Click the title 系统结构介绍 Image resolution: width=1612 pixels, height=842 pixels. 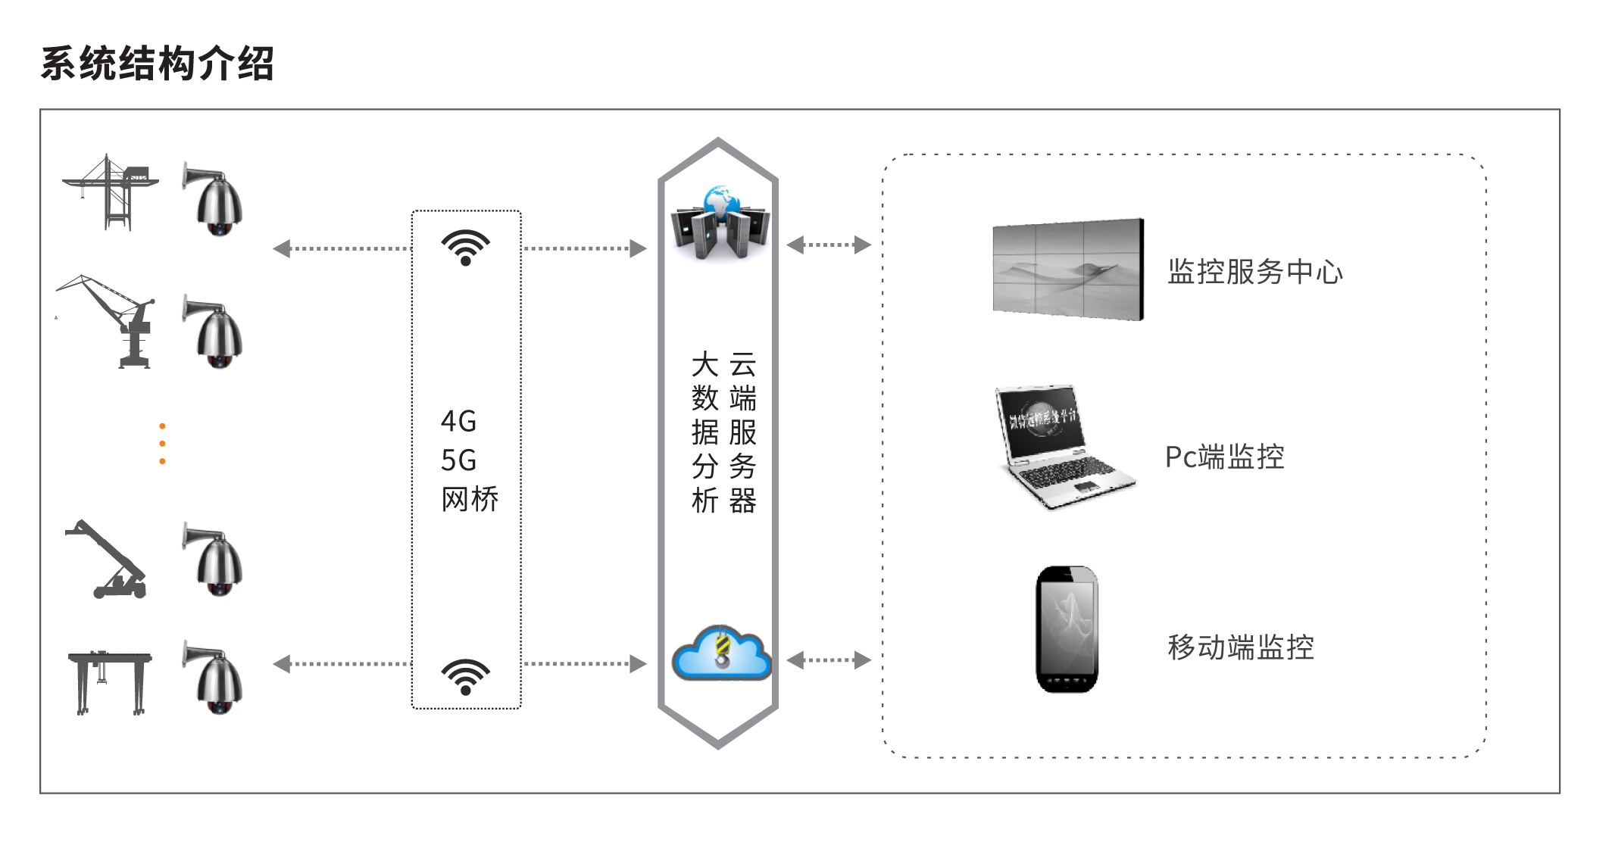pyautogui.click(x=157, y=63)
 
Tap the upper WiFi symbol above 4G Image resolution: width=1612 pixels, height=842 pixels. pyautogui.click(x=466, y=247)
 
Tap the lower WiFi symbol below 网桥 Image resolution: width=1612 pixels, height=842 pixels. pyautogui.click(x=466, y=676)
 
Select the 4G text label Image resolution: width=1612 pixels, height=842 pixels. pyautogui.click(x=458, y=422)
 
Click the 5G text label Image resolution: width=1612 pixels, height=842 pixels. pyautogui.click(x=458, y=460)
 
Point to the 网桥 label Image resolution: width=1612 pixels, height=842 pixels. pyautogui.click(x=470, y=500)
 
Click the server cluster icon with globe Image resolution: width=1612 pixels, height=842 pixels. pyautogui.click(x=720, y=223)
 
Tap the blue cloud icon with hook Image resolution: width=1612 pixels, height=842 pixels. pyautogui.click(x=721, y=653)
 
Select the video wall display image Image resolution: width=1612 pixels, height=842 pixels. pyautogui.click(x=1068, y=270)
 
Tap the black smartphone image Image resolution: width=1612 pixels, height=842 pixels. pyautogui.click(x=1067, y=629)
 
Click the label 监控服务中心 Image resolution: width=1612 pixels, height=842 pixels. pyautogui.click(x=1254, y=272)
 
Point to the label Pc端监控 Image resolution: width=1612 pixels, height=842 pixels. pyautogui.click(x=1224, y=457)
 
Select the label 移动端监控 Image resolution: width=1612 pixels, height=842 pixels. pyautogui.click(x=1240, y=647)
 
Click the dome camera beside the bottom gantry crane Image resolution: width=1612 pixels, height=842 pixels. pyautogui.click(x=214, y=678)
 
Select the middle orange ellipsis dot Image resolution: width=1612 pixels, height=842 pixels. pyautogui.click(x=162, y=444)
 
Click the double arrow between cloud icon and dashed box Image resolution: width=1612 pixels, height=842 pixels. pyautogui.click(x=829, y=660)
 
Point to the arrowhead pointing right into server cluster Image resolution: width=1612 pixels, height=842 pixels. pyautogui.click(x=639, y=248)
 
